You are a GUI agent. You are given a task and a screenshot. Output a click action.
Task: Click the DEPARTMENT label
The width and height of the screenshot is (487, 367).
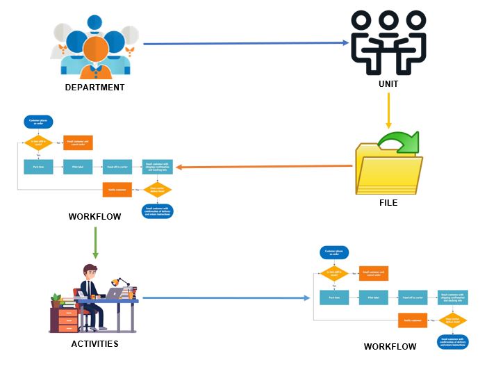tap(94, 88)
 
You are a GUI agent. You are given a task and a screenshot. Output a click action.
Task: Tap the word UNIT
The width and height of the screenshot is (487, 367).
tap(388, 84)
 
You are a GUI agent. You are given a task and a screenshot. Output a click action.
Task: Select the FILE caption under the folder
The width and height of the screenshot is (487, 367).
tap(388, 204)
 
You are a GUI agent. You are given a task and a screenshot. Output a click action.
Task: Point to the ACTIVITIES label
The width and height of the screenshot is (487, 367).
tap(94, 343)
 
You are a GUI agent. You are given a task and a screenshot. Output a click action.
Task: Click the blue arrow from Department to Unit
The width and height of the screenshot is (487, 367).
tap(243, 43)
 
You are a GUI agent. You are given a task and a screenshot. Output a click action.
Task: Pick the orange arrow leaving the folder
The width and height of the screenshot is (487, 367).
tap(264, 167)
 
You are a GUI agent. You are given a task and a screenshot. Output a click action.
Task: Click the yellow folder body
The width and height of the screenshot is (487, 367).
tap(387, 174)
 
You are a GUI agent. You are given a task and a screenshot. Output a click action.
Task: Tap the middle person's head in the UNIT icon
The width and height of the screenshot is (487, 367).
tap(388, 21)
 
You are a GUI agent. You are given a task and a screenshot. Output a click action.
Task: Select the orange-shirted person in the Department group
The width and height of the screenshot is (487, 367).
tap(94, 52)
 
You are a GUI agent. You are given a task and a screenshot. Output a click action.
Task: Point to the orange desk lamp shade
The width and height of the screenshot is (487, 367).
tap(124, 282)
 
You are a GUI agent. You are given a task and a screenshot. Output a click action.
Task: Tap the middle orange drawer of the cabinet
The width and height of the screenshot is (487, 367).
tap(67, 320)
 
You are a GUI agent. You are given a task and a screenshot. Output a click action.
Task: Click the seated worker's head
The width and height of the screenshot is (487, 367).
tap(90, 272)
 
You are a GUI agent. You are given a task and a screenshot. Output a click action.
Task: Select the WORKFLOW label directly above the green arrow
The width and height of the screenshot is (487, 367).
tap(94, 217)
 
